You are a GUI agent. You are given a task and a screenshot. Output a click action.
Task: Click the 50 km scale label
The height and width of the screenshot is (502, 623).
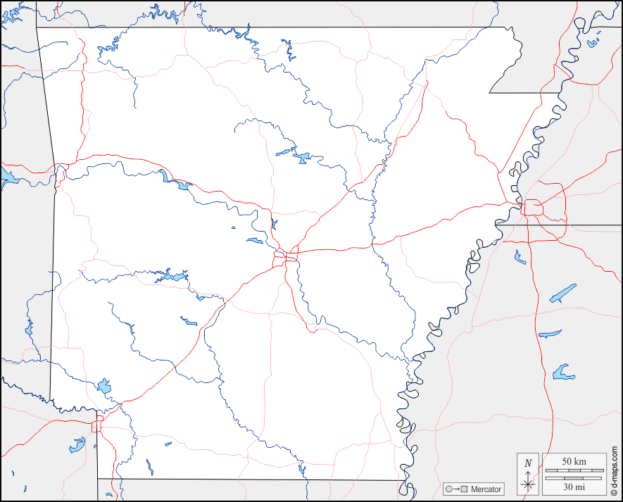pos(574,461)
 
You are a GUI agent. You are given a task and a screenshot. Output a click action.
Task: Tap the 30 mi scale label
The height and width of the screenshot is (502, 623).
pos(574,486)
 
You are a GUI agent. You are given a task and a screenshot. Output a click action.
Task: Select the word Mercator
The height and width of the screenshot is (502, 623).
pos(486,489)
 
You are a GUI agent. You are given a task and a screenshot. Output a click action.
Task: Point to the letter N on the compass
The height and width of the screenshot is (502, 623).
pos(528,463)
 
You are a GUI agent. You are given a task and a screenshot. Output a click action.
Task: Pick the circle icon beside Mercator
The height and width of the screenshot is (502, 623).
pos(448,489)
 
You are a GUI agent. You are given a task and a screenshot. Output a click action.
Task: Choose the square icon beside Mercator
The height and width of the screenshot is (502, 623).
pos(464,489)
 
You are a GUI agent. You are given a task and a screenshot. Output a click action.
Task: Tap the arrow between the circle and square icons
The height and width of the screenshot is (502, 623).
pos(456,489)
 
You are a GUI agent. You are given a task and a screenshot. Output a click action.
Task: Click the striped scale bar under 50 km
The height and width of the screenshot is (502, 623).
pos(574,469)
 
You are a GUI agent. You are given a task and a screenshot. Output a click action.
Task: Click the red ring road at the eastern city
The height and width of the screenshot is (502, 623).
pos(532,208)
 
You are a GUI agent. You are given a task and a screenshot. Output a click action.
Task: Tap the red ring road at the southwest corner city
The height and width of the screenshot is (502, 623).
pos(97,423)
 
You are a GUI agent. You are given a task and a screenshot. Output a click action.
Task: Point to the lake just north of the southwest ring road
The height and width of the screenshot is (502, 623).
pos(105,385)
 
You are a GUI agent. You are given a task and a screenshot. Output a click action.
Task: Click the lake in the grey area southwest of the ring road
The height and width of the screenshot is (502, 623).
pos(77,445)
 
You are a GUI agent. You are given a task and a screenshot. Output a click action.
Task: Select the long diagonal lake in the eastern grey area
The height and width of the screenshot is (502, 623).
pos(563,293)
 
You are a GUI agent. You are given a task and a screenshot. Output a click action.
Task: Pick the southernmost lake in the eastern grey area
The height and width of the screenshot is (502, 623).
pos(562,372)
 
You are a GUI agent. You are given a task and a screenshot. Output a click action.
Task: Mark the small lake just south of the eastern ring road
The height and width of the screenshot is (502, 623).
pos(520,257)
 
